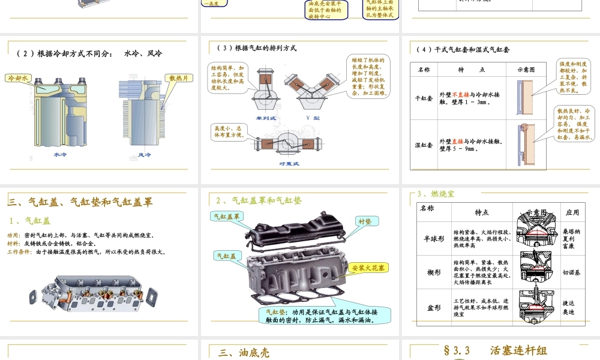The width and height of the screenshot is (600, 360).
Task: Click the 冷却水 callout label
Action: [17, 78]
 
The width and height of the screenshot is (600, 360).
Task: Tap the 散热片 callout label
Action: [179, 78]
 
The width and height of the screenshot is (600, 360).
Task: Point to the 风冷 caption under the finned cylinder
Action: [144, 154]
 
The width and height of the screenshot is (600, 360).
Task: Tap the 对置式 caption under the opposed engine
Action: [289, 163]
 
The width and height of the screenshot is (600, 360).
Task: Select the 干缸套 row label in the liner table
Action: [424, 98]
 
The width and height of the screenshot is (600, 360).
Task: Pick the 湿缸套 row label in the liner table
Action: [424, 145]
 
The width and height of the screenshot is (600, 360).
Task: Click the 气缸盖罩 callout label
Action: [227, 216]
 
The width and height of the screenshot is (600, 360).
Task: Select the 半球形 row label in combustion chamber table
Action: [433, 238]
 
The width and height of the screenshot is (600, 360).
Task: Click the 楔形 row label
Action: [433, 272]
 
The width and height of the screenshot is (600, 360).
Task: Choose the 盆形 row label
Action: [433, 308]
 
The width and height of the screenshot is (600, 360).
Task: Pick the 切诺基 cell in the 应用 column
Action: [572, 272]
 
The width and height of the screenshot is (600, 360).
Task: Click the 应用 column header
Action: [572, 212]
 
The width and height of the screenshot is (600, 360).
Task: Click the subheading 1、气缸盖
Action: [30, 221]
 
